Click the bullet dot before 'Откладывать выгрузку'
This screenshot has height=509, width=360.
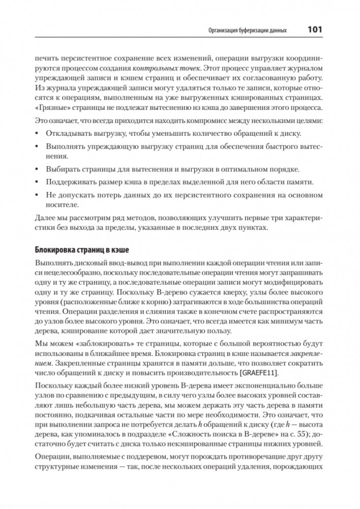pos(38,133)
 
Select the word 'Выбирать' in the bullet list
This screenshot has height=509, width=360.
pos(62,169)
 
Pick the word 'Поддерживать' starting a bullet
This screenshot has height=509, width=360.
pos(69,182)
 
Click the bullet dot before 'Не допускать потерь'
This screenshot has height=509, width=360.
pos(38,194)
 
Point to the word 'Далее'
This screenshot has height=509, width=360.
pos(44,217)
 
